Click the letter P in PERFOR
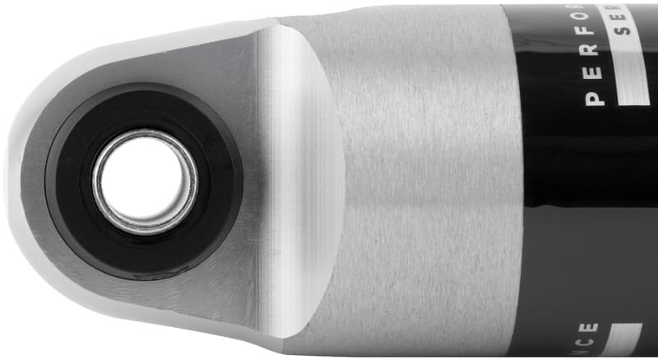pos(593,99)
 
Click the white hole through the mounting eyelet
pos(145,178)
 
